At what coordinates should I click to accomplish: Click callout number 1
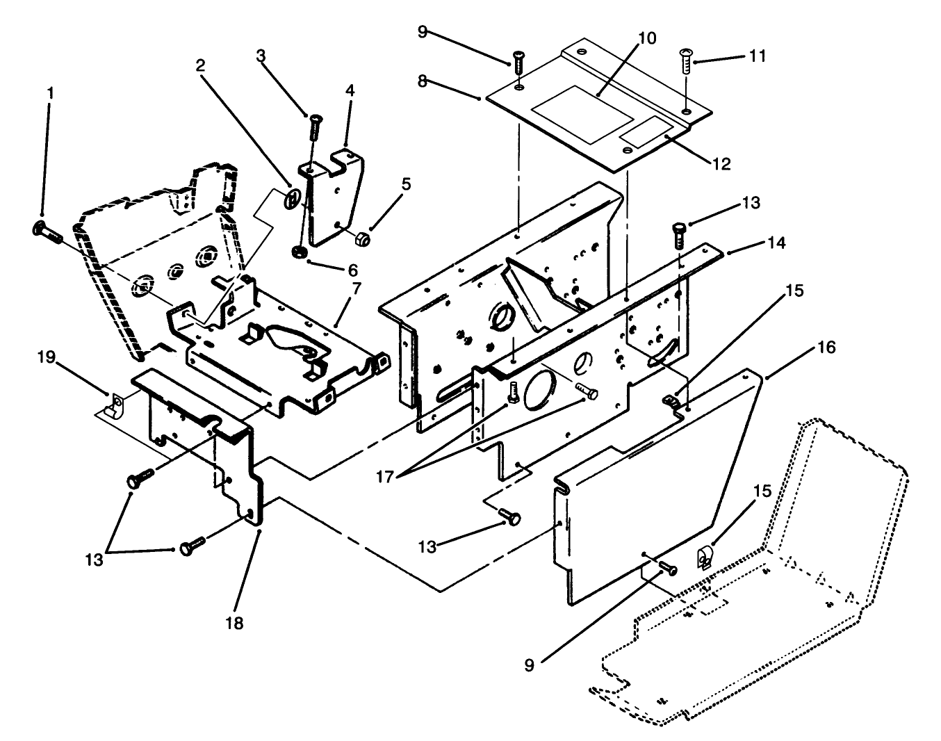point(48,93)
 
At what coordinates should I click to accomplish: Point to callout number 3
point(261,56)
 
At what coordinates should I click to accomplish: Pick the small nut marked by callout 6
point(300,251)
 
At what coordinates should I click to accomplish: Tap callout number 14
point(776,243)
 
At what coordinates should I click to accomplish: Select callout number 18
point(235,623)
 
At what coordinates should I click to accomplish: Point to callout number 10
point(646,38)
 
